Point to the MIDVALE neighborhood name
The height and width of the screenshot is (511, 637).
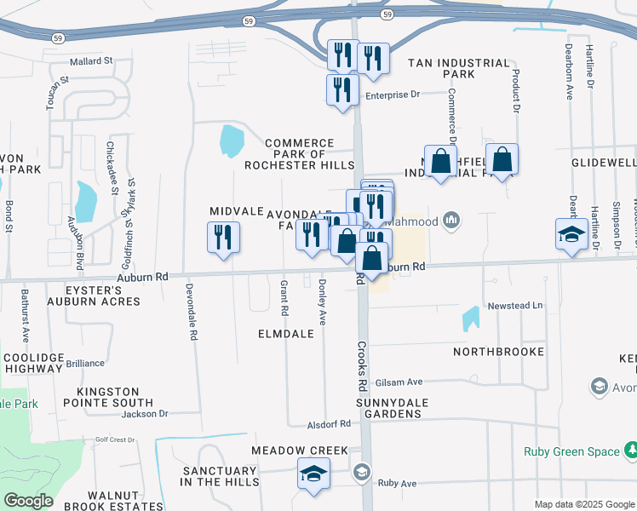click(235, 210)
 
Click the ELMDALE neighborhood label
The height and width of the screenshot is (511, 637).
click(287, 335)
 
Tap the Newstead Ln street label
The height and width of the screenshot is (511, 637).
click(514, 306)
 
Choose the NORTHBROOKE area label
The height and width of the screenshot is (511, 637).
click(498, 351)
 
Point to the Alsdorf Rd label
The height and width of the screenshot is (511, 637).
click(330, 423)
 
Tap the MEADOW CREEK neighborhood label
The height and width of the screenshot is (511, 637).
click(299, 450)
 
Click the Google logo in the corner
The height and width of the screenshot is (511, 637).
click(28, 501)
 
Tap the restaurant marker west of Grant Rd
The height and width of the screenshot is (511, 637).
click(224, 238)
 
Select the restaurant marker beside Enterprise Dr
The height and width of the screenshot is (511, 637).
click(341, 89)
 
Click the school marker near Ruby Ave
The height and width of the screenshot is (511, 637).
click(313, 474)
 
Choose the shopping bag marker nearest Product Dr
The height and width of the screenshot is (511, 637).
click(502, 158)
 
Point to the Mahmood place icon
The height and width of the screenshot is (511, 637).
click(450, 221)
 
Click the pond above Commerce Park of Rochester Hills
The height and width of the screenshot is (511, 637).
click(231, 141)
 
